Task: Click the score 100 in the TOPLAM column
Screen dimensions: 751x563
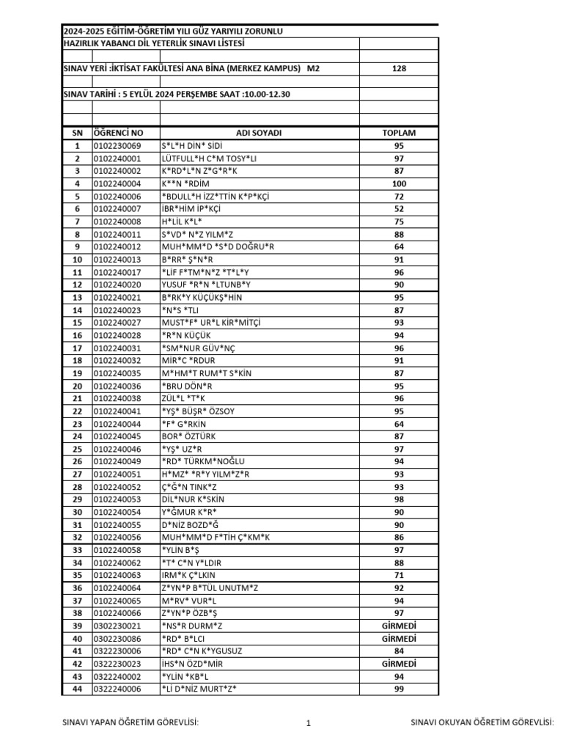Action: [399, 183]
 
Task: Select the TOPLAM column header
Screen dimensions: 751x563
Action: [399, 133]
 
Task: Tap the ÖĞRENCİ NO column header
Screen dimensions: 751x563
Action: [118, 133]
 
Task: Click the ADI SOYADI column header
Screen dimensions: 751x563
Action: [259, 133]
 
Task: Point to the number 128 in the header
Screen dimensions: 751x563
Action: [399, 68]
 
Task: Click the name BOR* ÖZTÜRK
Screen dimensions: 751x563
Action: [188, 436]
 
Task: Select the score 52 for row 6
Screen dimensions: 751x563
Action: [399, 208]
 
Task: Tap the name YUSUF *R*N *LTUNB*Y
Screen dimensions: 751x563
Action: [206, 285]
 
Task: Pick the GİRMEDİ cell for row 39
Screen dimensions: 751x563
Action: [399, 625]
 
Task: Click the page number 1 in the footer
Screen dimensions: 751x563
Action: [309, 724]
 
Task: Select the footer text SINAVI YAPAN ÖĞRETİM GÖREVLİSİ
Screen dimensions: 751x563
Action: [131, 723]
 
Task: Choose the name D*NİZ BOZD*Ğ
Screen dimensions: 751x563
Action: [190, 524]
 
